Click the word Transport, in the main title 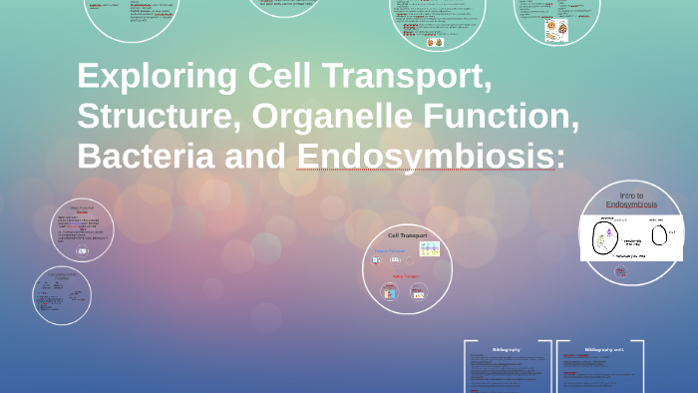(x=405, y=77)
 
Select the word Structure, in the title (x=159, y=117)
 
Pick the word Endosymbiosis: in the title (x=431, y=157)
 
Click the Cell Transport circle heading (x=407, y=235)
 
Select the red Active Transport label (x=406, y=276)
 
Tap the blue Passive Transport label (x=389, y=250)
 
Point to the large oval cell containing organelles (x=606, y=238)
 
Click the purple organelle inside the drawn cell (x=608, y=232)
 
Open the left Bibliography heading (x=507, y=350)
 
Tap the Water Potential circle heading (x=83, y=209)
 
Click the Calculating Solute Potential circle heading (x=61, y=276)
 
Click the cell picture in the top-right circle (x=556, y=29)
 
